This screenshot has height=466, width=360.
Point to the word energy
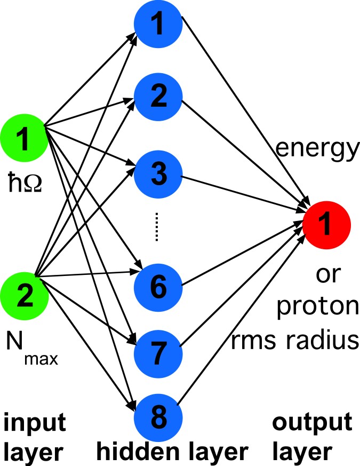click(316, 153)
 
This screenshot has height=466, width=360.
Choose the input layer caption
click(35, 438)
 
